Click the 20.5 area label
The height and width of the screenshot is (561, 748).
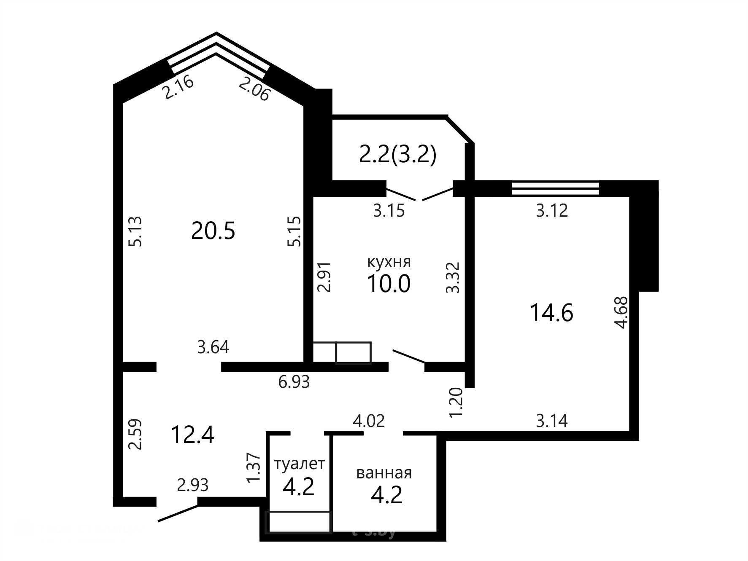click(x=213, y=231)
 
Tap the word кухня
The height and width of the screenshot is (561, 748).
click(x=389, y=262)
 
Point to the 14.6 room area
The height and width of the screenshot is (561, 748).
click(x=551, y=313)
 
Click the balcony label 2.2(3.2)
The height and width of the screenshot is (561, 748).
click(x=397, y=155)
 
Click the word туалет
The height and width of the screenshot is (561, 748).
click(x=300, y=464)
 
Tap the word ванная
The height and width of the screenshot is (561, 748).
click(x=384, y=473)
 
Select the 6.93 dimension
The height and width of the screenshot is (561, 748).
click(x=294, y=382)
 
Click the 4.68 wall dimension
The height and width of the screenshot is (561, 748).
click(x=622, y=313)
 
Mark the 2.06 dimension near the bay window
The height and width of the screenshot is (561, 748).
click(x=254, y=89)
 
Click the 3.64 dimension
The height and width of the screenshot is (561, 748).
click(x=213, y=347)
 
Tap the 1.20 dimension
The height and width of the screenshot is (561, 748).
click(x=457, y=403)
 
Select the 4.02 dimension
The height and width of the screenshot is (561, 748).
click(x=369, y=421)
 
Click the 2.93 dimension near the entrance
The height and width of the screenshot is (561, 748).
click(x=193, y=485)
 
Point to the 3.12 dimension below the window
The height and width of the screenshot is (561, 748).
click(x=552, y=210)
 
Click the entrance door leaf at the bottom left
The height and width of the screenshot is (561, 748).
click(x=178, y=513)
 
